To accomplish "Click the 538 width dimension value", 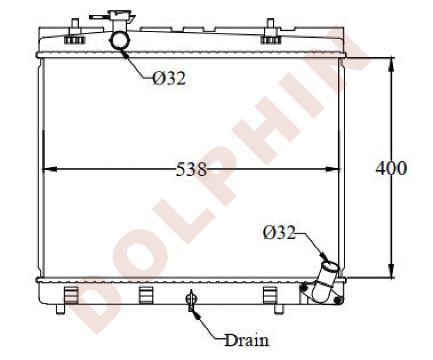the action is pyautogui.click(x=191, y=169).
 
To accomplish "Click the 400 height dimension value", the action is pyautogui.click(x=391, y=168).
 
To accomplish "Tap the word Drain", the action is pyautogui.click(x=247, y=340).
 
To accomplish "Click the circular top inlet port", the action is pyautogui.click(x=120, y=41).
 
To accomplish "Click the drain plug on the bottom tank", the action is pyautogui.click(x=191, y=300).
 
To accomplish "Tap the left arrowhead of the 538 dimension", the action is pyautogui.click(x=50, y=169).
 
